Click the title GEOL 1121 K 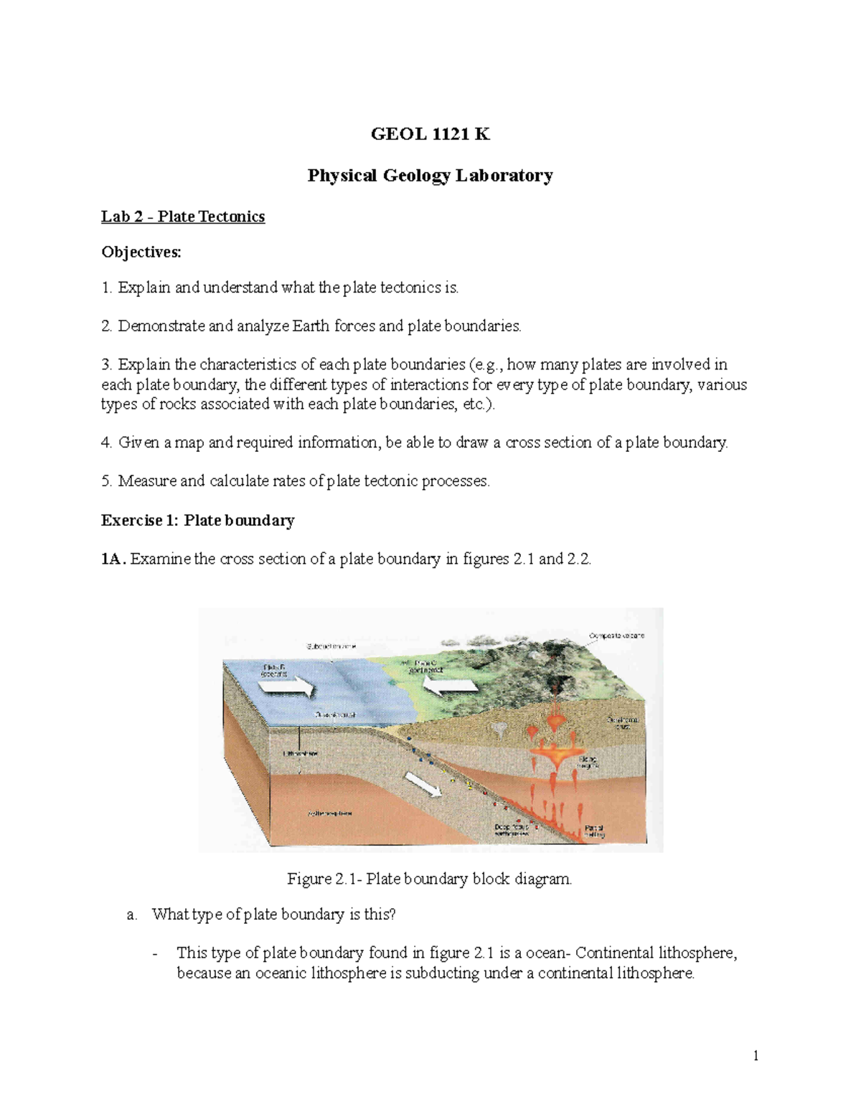(x=430, y=134)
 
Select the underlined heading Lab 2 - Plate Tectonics (x=183, y=217)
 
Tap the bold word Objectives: (x=141, y=252)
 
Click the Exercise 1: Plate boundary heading (x=197, y=520)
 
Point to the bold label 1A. (x=113, y=559)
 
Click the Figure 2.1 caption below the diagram (x=430, y=879)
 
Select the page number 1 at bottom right (x=756, y=1055)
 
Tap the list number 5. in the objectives (x=107, y=481)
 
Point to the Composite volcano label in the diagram (x=616, y=636)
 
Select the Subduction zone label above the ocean (x=331, y=646)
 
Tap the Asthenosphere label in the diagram (x=330, y=813)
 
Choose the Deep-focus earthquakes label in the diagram (x=512, y=830)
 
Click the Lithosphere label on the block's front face (x=300, y=754)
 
